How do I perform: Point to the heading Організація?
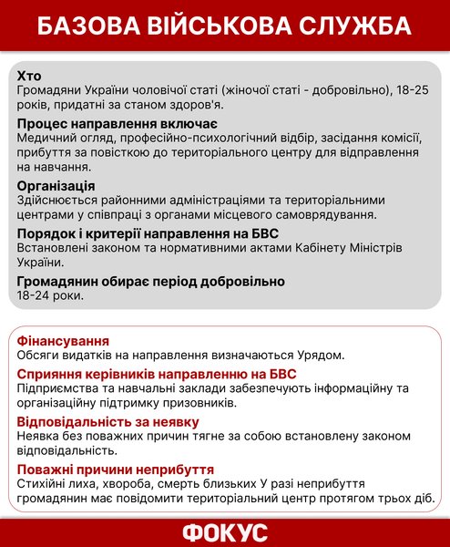pos(60,185)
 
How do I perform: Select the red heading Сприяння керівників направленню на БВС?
pos(157,374)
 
